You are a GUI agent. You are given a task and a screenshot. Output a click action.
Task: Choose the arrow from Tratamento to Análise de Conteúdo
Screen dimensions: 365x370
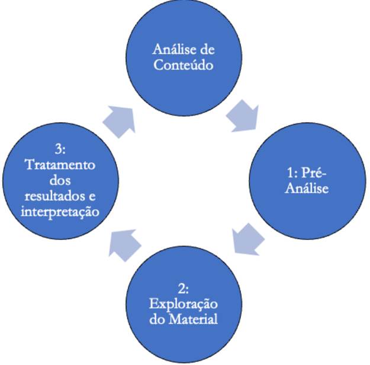click(118, 121)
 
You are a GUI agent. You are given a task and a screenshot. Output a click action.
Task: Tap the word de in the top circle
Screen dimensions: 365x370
click(205, 49)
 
